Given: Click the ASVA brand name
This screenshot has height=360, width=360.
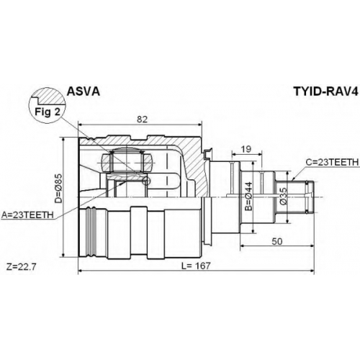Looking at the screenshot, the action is point(83,91).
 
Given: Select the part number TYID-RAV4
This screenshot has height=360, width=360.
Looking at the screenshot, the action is point(325,91).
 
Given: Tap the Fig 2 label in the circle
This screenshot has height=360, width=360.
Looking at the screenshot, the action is point(48,112).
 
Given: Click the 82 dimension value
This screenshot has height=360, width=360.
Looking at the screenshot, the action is point(142,120).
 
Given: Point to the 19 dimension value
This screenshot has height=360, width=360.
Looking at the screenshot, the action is point(246,149).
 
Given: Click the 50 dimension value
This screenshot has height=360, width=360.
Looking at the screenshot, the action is point(277,241).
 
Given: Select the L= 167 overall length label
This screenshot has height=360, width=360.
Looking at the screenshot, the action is point(196,266).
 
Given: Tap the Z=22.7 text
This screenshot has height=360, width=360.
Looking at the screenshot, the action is point(22,266).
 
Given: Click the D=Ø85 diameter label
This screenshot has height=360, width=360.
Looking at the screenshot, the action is point(58,189).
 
